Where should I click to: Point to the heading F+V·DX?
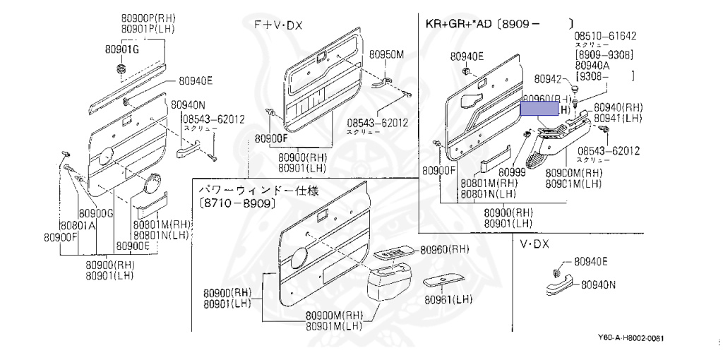pos(278,25)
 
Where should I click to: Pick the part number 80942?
pos(548,79)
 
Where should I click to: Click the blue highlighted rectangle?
pos(539,108)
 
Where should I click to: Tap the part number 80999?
pos(512,171)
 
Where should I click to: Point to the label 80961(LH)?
pos(448,299)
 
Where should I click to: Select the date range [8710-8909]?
pos(237,203)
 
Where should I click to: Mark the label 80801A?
pos(77,225)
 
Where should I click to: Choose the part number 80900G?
pos(95,213)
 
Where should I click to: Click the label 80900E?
pos(133,246)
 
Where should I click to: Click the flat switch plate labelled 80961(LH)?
pos(441,281)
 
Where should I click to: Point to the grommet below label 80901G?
pos(120,68)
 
